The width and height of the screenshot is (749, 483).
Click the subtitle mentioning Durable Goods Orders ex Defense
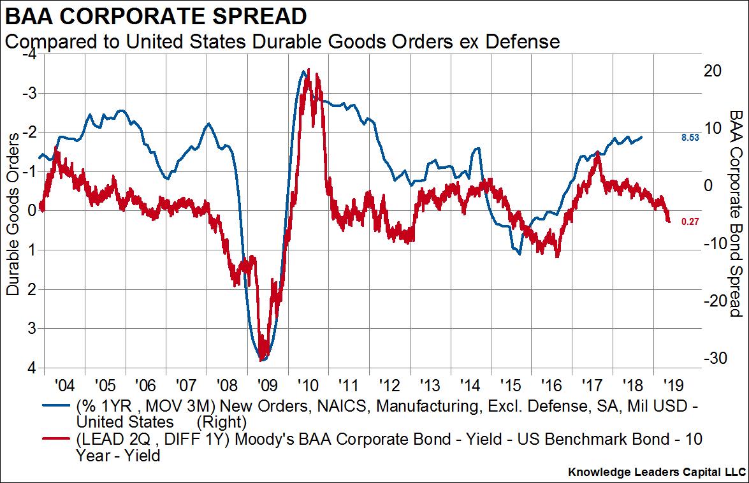[282, 42]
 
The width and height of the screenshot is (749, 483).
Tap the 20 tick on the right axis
[713, 71]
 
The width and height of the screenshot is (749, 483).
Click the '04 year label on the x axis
[65, 386]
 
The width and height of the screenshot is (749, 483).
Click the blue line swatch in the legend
[56, 405]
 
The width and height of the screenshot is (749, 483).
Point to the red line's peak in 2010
[309, 69]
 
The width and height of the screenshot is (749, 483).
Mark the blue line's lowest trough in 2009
[261, 360]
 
